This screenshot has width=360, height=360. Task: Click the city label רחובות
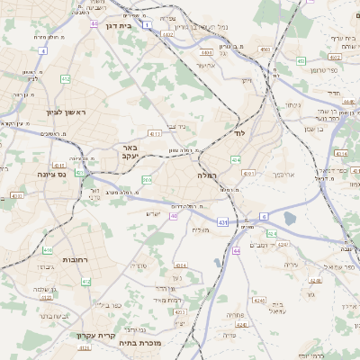74,259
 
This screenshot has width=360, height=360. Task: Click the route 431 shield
222,220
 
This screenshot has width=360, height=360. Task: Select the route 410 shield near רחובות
48,250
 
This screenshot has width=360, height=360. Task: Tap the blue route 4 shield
41,50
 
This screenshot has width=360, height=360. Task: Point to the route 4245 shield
259,299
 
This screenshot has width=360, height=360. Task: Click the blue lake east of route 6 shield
290,218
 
